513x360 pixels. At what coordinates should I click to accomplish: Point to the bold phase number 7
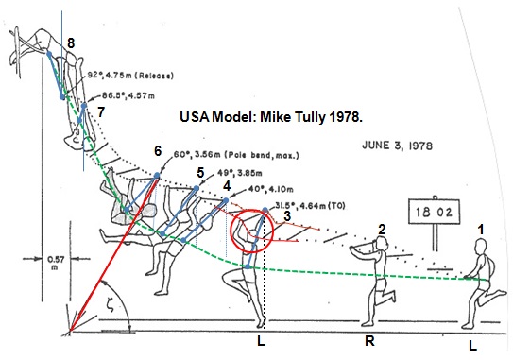pos(101,112)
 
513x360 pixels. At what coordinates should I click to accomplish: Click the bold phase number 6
pos(158,151)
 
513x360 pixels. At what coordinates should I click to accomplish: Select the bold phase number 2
pos(381,230)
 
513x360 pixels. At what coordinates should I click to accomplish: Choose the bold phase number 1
pos(481,228)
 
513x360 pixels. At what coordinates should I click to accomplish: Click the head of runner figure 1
pos(480,246)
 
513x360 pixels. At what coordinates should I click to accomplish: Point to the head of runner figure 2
pos(380,245)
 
